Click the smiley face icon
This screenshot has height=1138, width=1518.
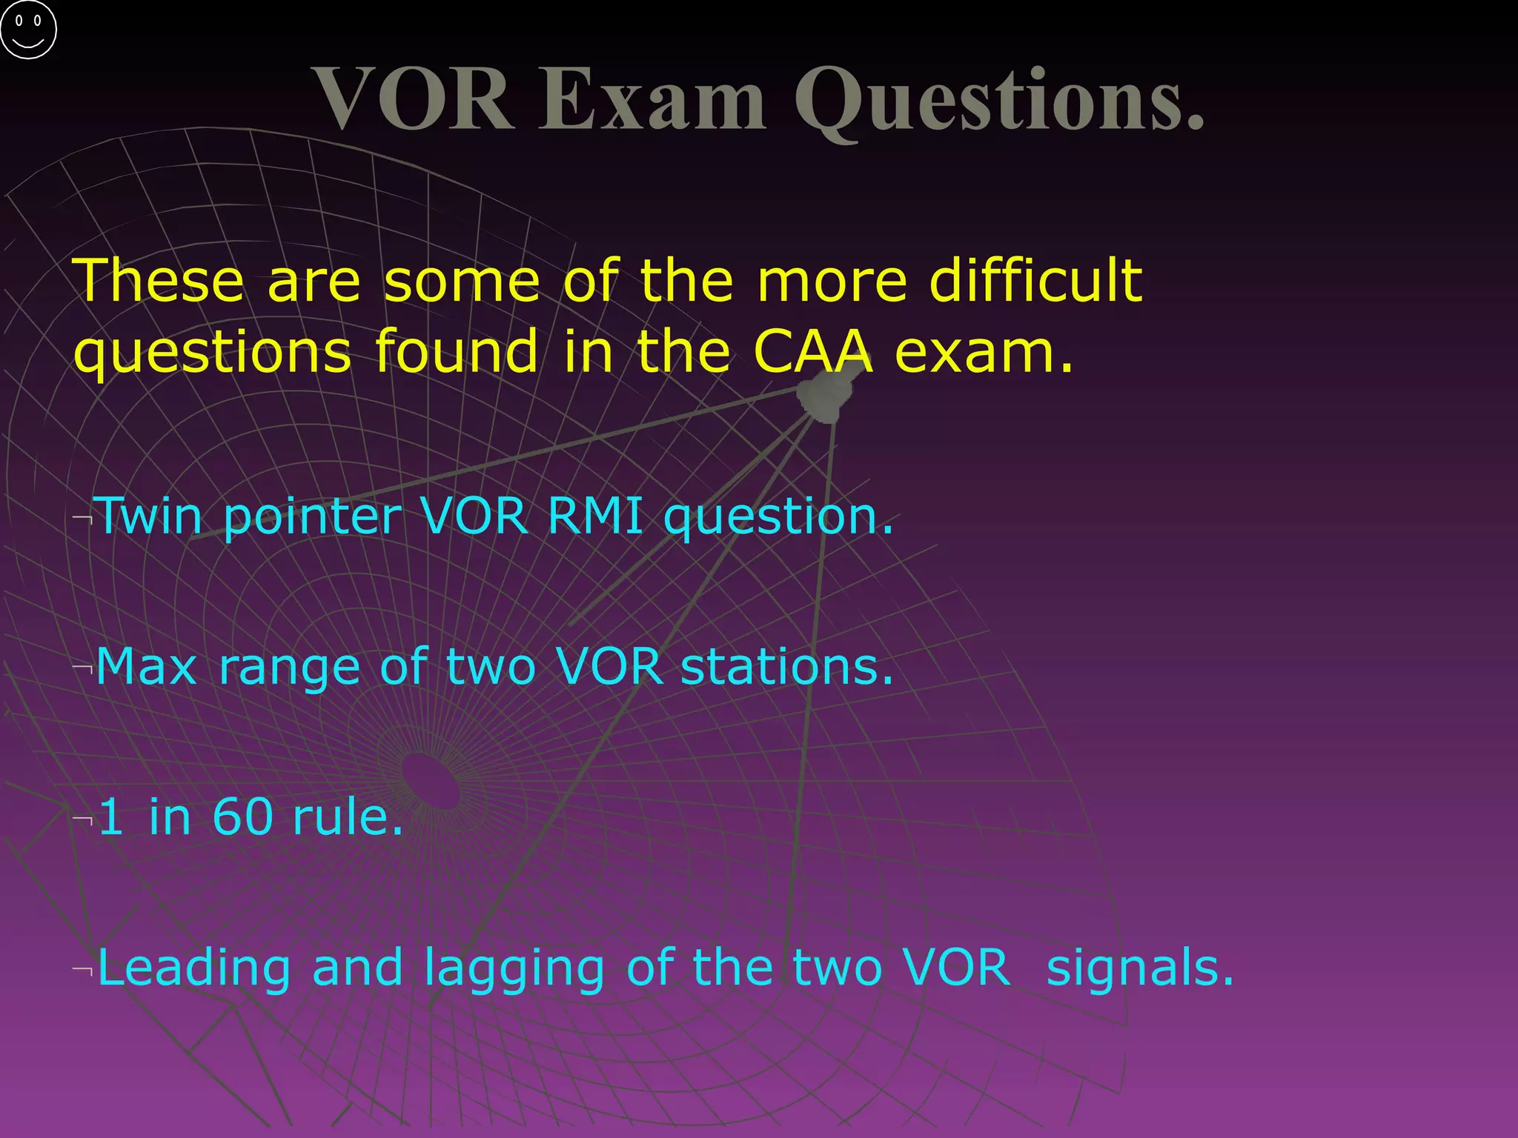coord(28,29)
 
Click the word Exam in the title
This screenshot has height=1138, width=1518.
coord(652,99)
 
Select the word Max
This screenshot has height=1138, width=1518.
coord(146,666)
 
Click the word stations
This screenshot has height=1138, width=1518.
coord(786,666)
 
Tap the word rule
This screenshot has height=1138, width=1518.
coord(348,816)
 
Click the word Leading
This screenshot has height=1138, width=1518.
coord(193,969)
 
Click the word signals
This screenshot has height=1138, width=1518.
coord(1139,968)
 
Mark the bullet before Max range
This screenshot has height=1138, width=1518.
coord(83,668)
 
